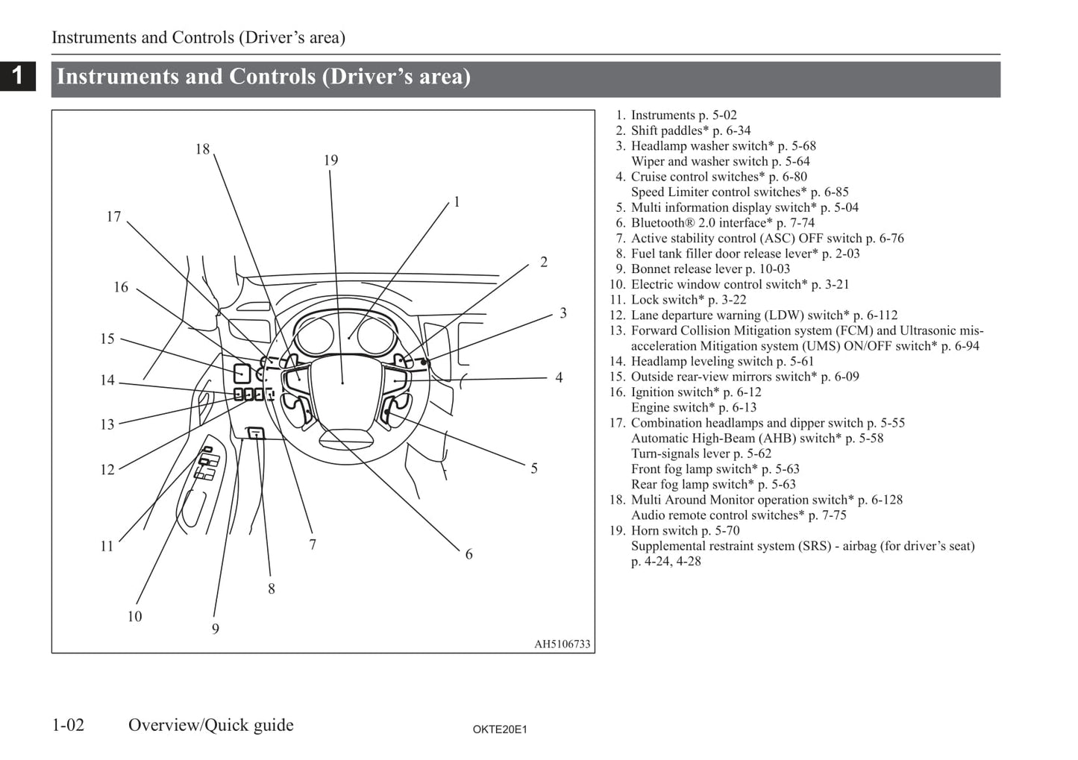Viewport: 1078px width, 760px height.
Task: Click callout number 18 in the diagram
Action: (202, 149)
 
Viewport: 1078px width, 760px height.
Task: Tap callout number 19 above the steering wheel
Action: (330, 160)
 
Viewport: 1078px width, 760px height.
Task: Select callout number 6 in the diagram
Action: (469, 554)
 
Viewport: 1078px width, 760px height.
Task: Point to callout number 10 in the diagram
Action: (134, 617)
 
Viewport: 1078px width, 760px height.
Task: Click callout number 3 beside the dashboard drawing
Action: (563, 313)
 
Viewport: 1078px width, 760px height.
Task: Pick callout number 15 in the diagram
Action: (107, 339)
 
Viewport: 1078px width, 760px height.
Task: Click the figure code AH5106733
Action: (562, 644)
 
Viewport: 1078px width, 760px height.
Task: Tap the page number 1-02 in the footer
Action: (68, 725)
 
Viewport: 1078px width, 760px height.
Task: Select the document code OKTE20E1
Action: (500, 729)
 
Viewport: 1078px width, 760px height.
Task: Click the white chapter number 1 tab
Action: (18, 75)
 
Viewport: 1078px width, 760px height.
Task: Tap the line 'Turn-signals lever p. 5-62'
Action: (701, 453)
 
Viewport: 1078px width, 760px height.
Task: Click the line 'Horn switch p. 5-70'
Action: (685, 530)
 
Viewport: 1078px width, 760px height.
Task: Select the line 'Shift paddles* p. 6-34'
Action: (691, 131)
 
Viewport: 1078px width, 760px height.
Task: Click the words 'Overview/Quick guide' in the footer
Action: (211, 725)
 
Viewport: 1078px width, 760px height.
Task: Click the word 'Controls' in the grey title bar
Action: (272, 77)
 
